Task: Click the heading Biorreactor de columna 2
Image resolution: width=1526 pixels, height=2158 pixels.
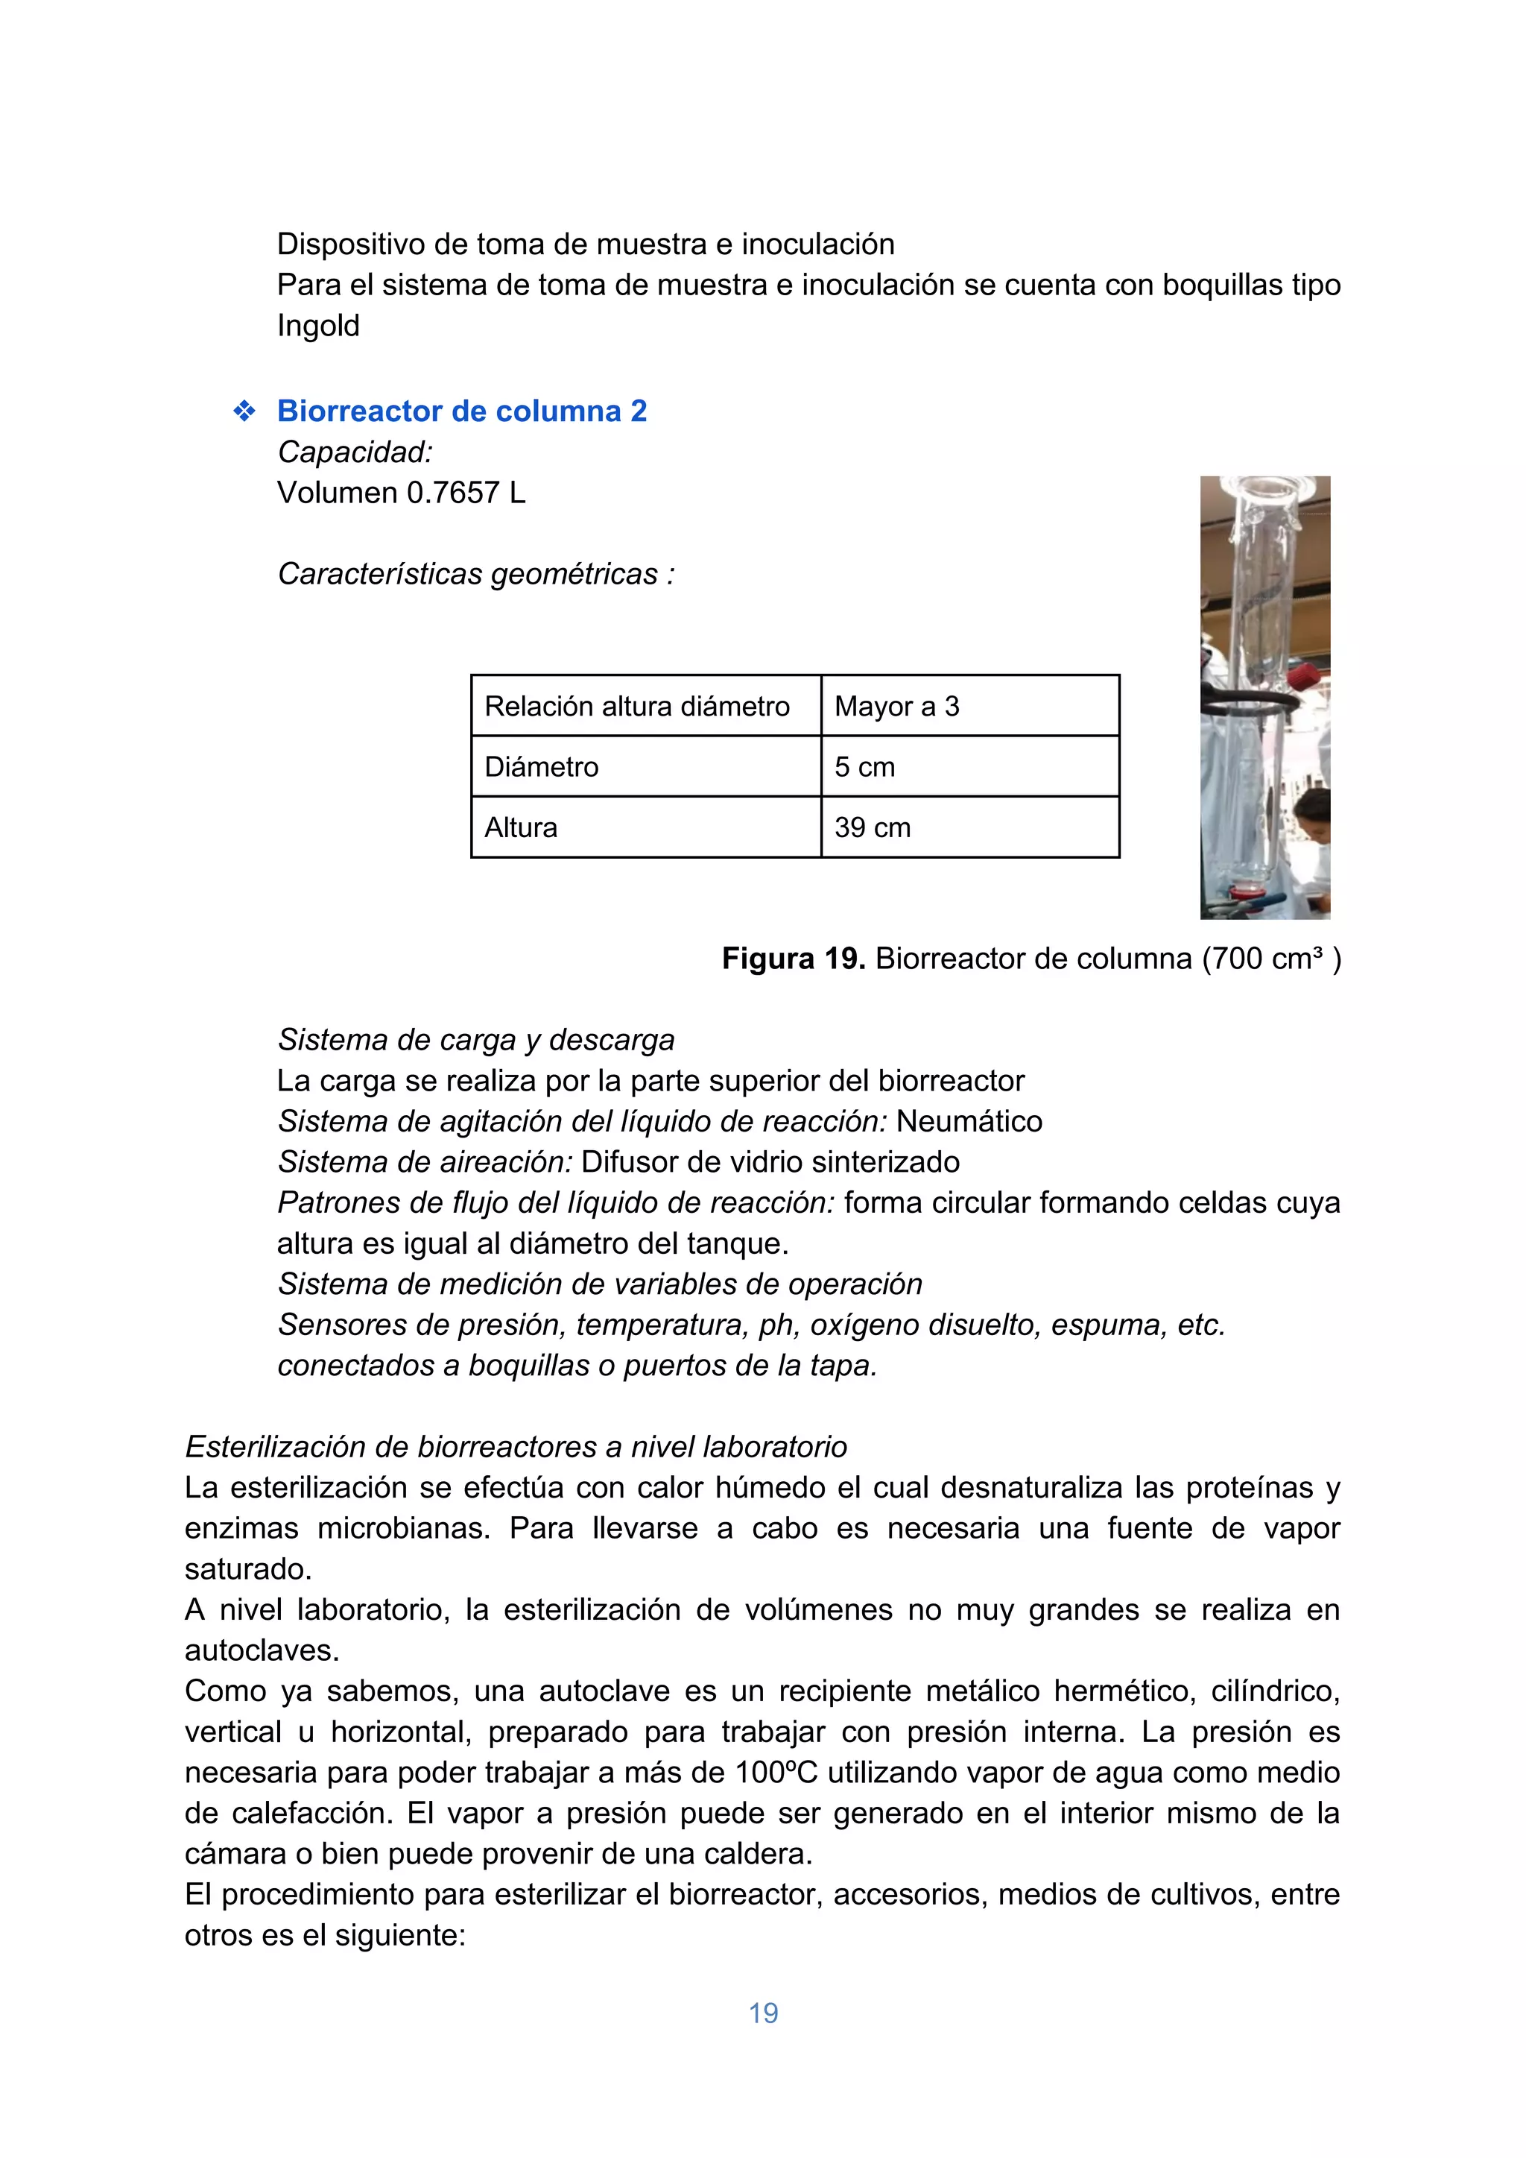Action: [x=461, y=411]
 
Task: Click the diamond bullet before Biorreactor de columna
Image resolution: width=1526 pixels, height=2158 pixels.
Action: [x=244, y=411]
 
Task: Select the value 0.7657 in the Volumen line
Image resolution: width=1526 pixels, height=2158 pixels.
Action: [x=453, y=493]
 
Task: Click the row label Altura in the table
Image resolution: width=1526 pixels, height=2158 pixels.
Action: [x=521, y=827]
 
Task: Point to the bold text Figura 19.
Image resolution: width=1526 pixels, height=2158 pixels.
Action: [x=793, y=959]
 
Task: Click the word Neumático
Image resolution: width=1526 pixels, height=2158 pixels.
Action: [x=969, y=1121]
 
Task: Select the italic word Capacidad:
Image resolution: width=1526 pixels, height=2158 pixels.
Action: [x=355, y=452]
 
